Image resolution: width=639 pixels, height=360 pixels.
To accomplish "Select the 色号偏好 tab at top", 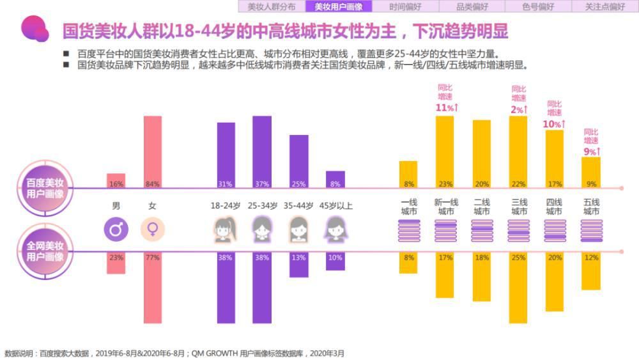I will (537, 7).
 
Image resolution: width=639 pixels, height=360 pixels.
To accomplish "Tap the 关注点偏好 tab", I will (604, 7).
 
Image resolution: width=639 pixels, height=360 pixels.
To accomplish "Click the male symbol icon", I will (116, 229).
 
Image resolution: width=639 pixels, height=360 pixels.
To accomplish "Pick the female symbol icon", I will (153, 229).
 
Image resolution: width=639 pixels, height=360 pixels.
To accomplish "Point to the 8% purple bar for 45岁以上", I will (335, 180).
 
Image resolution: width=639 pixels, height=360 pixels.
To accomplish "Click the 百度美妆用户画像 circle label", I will (45, 188).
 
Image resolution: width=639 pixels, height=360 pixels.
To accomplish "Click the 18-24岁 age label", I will (225, 206).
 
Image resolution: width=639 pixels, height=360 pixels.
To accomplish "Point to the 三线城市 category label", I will (518, 207).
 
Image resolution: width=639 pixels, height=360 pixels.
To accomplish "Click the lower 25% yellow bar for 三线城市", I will (518, 287).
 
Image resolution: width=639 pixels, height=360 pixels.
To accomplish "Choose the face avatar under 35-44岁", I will (299, 230).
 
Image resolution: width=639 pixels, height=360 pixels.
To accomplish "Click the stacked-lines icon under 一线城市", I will (408, 230).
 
